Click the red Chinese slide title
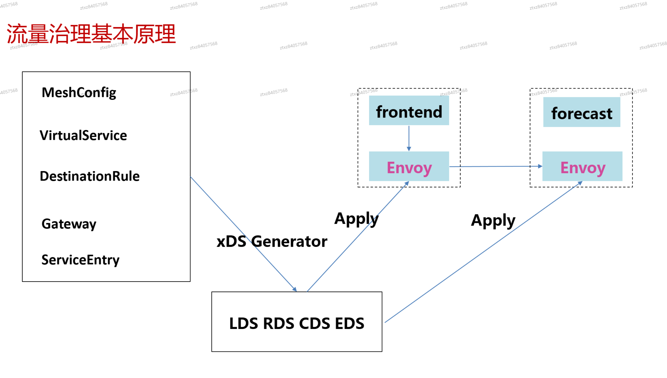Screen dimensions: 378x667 pos(91,34)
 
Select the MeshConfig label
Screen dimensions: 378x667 pos(79,92)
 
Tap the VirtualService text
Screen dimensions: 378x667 pos(83,135)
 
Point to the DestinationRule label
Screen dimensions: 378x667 pos(89,176)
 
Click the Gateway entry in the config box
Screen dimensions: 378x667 pos(69,224)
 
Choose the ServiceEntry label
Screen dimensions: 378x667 pos(80,260)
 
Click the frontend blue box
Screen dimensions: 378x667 pos(409,111)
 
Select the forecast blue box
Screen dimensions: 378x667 pos(581,112)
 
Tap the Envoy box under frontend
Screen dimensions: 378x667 pos(409,166)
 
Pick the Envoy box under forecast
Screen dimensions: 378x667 pos(582,166)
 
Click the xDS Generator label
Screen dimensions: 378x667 pos(272,241)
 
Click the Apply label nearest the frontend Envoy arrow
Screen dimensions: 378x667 pos(356,219)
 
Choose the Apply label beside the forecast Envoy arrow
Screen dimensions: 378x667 pos(493,221)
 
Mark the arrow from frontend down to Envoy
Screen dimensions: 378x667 pos(409,138)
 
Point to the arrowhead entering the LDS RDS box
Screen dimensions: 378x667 pos(295,289)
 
